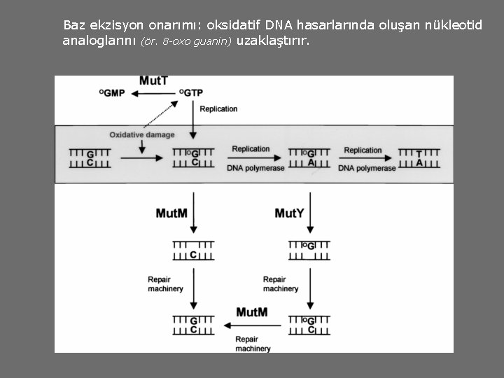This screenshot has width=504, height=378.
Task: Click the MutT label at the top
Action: (153, 80)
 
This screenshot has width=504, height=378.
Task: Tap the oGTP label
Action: (191, 93)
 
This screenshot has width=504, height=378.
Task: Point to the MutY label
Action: (289, 213)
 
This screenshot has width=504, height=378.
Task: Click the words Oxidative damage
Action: (142, 134)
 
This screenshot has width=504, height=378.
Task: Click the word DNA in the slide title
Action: (279, 25)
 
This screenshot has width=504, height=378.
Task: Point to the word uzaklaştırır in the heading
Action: (272, 41)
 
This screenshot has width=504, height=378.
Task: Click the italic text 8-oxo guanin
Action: (185, 41)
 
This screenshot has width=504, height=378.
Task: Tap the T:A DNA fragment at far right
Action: (419, 158)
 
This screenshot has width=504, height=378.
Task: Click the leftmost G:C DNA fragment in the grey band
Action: (90, 158)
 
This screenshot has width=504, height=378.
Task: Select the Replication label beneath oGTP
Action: (218, 109)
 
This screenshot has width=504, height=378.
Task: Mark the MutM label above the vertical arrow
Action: (171, 213)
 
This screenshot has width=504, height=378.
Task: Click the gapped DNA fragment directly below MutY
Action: (309, 250)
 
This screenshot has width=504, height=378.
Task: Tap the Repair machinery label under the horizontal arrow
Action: (253, 343)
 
